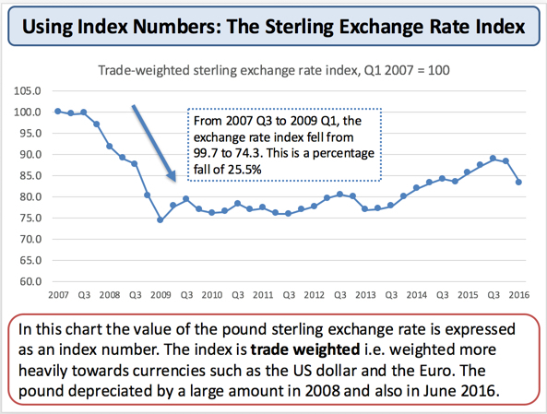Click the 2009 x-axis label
pyautogui.click(x=161, y=297)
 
